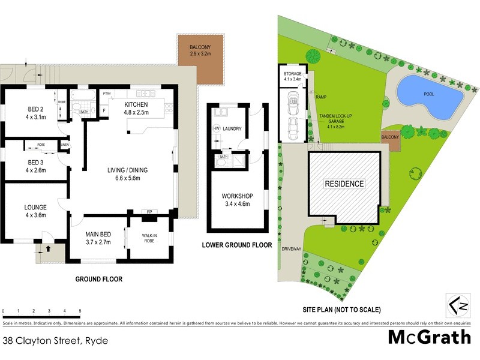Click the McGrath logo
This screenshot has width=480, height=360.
429,337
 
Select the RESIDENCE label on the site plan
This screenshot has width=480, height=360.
344,184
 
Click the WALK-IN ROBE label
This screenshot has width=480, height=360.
149,238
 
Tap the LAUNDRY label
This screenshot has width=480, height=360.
232,129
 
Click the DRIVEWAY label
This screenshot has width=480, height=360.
292,247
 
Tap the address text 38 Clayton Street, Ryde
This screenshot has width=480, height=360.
55,340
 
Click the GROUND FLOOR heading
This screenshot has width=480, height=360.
98,279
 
